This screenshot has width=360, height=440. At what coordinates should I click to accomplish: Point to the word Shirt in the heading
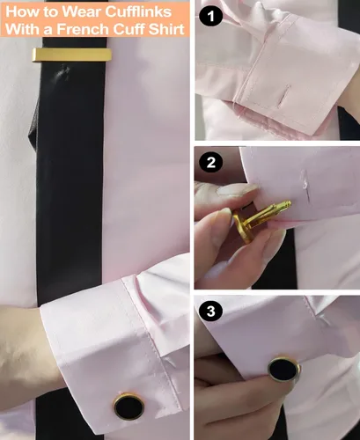click(x=166, y=32)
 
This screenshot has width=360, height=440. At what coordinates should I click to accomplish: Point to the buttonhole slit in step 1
click(x=286, y=93)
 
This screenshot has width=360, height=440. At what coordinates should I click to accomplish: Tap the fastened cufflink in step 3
click(x=283, y=370)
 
